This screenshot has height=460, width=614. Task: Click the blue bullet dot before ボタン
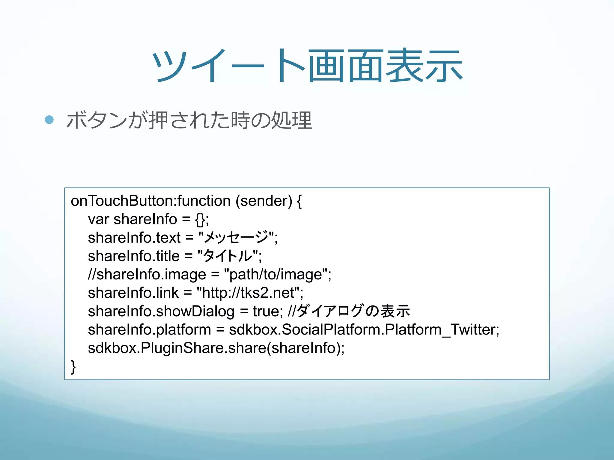coord(49,120)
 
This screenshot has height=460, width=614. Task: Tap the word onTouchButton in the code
coord(123,201)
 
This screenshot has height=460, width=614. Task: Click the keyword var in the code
coord(98,219)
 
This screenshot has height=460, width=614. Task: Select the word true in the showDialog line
coord(266,311)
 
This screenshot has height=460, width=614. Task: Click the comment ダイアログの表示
coord(354,311)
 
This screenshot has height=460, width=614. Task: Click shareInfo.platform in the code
coord(149,330)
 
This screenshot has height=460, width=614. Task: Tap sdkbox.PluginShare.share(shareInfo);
coord(216,348)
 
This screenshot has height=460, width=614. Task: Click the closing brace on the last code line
coord(73,367)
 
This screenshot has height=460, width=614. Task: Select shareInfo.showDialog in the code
coord(161,311)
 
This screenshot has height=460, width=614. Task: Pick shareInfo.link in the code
coord(133,293)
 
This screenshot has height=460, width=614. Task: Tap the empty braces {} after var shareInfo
coord(200,219)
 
